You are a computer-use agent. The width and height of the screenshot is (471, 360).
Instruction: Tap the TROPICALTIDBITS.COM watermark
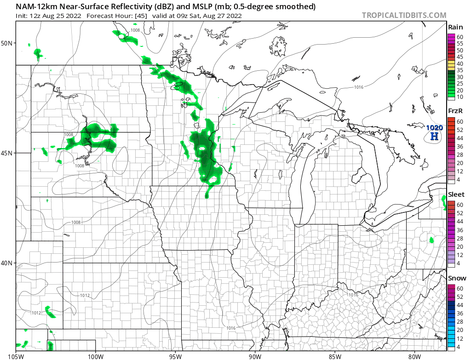click(404, 15)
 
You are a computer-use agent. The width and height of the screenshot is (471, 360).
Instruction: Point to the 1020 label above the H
click(434, 127)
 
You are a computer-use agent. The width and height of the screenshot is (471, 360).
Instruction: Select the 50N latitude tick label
click(7, 43)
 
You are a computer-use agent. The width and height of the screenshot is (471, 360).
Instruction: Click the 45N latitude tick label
click(7, 153)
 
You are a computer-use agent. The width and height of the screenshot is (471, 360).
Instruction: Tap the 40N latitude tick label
click(7, 263)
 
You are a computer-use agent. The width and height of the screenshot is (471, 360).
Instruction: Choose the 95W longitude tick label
click(175, 355)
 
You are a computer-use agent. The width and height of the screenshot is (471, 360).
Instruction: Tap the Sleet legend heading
click(456, 194)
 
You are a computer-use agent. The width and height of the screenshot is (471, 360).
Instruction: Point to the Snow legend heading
click(456, 278)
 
